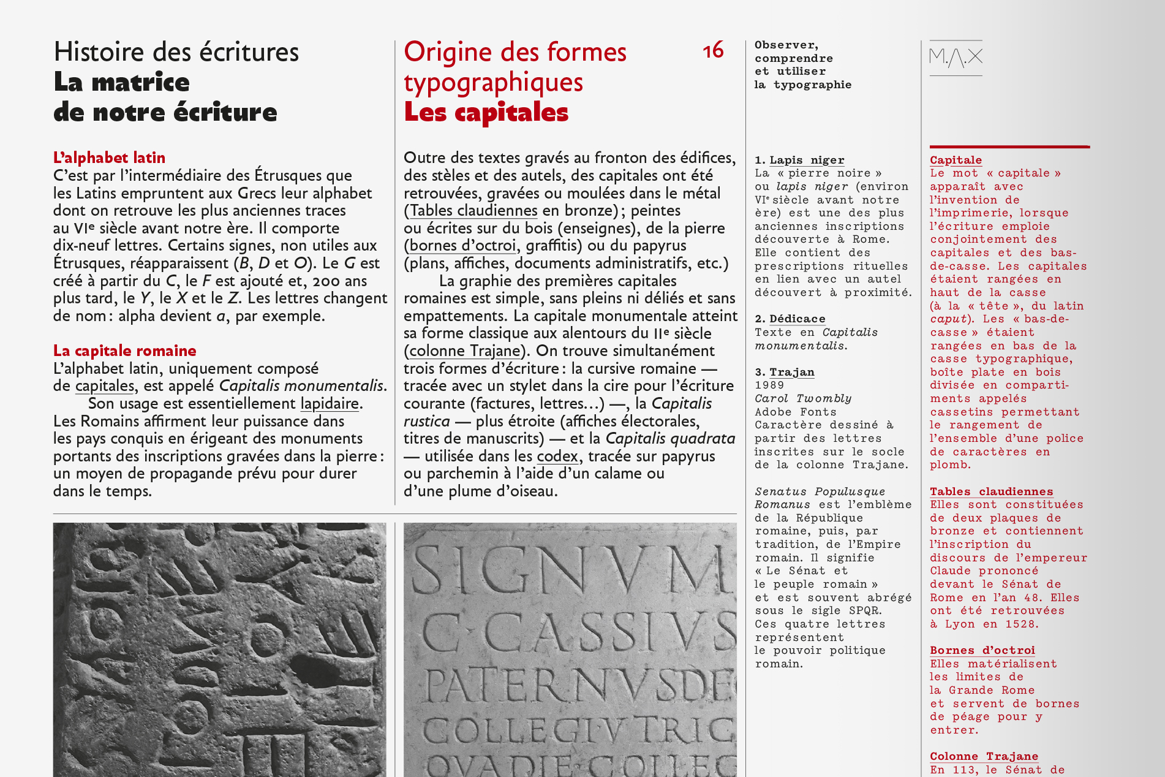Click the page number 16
(713, 51)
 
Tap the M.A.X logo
(956, 58)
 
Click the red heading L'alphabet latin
(109, 157)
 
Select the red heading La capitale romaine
(124, 351)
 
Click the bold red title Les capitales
(486, 112)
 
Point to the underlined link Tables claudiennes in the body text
(473, 210)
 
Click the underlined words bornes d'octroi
(462, 246)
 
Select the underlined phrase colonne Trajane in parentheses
(464, 351)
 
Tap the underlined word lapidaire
(330, 403)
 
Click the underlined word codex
(557, 456)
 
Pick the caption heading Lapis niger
(807, 160)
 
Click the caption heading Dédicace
(797, 319)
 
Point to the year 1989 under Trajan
(769, 385)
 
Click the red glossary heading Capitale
(956, 160)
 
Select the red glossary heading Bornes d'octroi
(982, 650)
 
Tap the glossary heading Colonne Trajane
(984, 756)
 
